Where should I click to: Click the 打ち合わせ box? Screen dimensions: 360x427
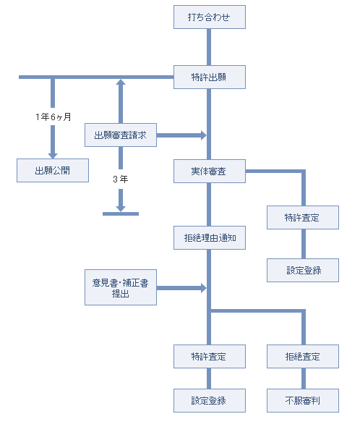(x=210, y=17)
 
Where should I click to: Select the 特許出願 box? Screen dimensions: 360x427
(x=210, y=77)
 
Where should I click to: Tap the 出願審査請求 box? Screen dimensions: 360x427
(x=121, y=135)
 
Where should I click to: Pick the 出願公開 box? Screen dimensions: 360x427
(x=53, y=171)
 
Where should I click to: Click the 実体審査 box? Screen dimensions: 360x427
(x=210, y=172)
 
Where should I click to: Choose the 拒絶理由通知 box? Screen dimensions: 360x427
(x=210, y=237)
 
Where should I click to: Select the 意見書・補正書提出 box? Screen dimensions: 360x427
(x=121, y=287)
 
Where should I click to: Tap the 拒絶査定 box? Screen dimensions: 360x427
(x=303, y=357)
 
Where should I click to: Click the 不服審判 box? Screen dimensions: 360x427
(x=303, y=401)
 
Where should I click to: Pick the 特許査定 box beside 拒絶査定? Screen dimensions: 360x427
(x=210, y=357)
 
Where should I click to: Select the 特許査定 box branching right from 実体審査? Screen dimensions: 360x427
(x=303, y=218)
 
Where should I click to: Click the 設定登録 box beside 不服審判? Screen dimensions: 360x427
(x=210, y=401)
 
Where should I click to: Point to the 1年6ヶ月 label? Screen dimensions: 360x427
(x=53, y=117)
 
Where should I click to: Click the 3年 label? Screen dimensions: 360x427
(x=121, y=179)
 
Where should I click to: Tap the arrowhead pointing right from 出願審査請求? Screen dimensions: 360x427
(x=204, y=135)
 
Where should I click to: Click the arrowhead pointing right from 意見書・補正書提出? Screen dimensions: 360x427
(x=204, y=288)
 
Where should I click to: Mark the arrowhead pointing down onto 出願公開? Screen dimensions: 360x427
(x=53, y=156)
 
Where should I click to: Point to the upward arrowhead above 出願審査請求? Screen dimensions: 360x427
(x=121, y=83)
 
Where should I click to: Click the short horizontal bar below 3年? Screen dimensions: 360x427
(x=121, y=214)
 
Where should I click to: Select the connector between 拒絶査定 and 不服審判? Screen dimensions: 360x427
(x=304, y=379)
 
